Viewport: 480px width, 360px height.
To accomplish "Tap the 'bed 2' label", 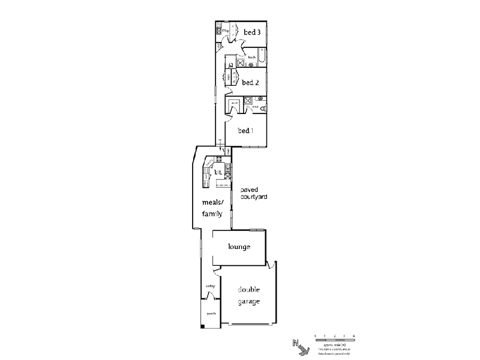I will (250, 83).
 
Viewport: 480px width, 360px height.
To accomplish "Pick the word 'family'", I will (212, 214).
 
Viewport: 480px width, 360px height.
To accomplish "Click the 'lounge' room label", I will (239, 247).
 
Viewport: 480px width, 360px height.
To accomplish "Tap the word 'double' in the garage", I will (248, 290).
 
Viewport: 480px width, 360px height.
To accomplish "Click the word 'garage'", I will (248, 301).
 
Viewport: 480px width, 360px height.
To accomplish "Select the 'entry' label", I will (211, 286).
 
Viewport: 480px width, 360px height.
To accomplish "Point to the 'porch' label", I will (211, 313).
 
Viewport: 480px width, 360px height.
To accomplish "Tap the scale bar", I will (335, 340).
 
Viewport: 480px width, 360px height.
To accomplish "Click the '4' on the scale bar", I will (355, 335).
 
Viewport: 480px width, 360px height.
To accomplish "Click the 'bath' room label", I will (252, 58).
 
